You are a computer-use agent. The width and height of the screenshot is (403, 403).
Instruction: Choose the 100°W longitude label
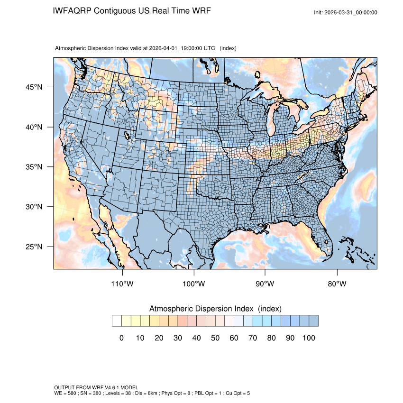[x=194, y=284]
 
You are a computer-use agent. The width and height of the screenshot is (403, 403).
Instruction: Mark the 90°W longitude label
[x=265, y=284]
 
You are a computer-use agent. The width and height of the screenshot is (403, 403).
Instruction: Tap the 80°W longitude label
[x=337, y=284]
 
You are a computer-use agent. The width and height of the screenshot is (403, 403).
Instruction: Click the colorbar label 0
[x=121, y=338]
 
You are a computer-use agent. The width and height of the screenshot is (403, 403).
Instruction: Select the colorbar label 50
[x=215, y=338]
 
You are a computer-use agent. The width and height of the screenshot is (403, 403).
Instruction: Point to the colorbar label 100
[x=309, y=338]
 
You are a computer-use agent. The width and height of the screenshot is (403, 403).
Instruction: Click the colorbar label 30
[x=178, y=338]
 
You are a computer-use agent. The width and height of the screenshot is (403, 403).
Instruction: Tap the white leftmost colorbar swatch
[x=117, y=321]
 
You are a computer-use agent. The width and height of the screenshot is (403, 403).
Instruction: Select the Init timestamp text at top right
[x=346, y=12]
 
